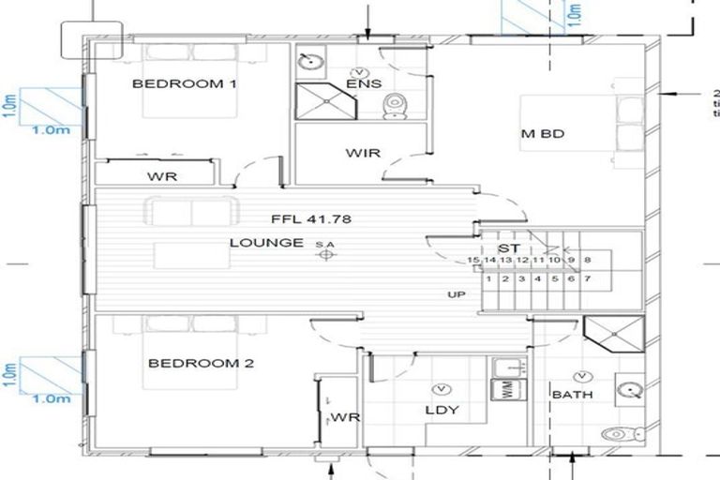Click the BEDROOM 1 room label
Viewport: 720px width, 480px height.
(x=184, y=83)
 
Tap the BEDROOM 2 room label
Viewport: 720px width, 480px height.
(x=201, y=363)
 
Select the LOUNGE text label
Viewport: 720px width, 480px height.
(x=266, y=243)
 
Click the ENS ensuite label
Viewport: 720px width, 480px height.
(x=364, y=84)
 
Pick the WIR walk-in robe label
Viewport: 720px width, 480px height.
(x=363, y=152)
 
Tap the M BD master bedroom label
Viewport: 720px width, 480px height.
(x=543, y=134)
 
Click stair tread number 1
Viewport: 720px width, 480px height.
(x=488, y=278)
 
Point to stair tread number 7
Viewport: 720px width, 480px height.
(x=587, y=278)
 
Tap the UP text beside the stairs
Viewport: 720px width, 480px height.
(x=456, y=295)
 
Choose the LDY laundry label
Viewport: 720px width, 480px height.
(x=438, y=410)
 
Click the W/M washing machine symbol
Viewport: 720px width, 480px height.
(x=507, y=392)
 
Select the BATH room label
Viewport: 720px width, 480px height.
(x=572, y=395)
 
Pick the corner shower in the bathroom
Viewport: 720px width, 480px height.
(x=612, y=331)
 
